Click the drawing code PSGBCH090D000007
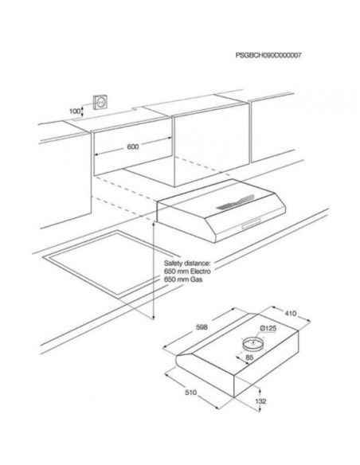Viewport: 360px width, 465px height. click(268, 55)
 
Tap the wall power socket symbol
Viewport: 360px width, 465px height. click(100, 103)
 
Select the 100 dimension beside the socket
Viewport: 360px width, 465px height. click(75, 111)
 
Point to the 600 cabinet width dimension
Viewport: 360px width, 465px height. click(132, 147)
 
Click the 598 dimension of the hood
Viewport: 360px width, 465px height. click(202, 327)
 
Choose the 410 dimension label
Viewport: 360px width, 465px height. click(291, 313)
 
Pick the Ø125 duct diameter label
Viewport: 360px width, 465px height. click(268, 328)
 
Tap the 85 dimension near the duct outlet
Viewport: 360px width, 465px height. click(249, 358)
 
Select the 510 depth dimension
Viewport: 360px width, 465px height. click(190, 393)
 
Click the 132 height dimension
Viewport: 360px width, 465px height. click(260, 401)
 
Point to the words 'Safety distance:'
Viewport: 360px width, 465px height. click(187, 264)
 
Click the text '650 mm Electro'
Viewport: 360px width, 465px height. click(187, 272)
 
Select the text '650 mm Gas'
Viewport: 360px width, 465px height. click(183, 279)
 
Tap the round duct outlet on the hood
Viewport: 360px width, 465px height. click(252, 344)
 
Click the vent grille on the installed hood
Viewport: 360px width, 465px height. click(235, 202)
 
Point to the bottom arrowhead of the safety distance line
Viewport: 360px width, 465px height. click(153, 318)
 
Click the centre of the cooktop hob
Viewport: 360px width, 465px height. click(108, 263)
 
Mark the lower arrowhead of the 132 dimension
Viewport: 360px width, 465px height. click(260, 409)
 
